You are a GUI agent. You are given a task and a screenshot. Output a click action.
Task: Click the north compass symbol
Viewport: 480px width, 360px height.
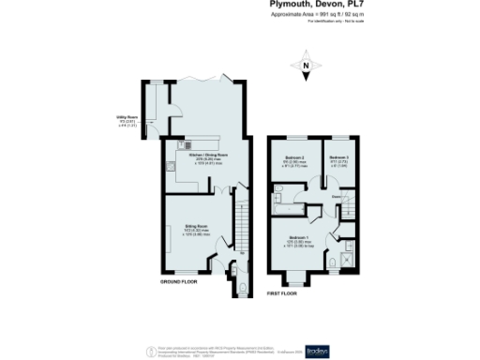tap(307, 67)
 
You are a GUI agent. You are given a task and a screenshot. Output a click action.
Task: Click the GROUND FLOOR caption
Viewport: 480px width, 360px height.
tap(178, 281)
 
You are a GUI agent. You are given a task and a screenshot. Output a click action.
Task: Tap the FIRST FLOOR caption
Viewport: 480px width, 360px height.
tap(281, 293)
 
